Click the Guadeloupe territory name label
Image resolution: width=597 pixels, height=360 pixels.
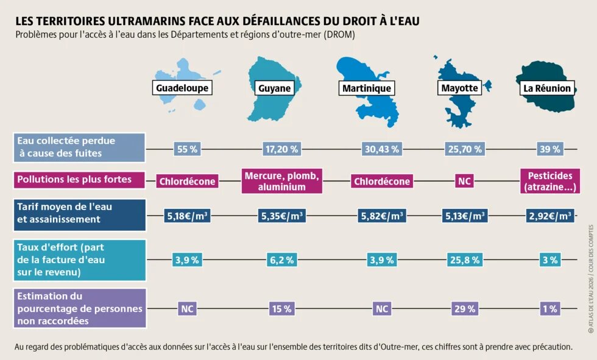pos(182,88)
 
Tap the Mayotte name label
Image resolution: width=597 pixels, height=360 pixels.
pos(459,88)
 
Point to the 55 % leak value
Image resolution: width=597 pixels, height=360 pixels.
pos(187,149)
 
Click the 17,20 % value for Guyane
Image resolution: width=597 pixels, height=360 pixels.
pos(281,149)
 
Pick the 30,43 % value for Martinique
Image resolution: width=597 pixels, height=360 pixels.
pos(382,149)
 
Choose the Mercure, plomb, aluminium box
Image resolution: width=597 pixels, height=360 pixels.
pos(281,182)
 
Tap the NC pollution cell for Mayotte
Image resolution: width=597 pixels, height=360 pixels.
pos(465,181)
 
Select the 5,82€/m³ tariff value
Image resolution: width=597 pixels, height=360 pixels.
pos(382,216)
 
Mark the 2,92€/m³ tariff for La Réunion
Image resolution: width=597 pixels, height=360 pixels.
pos(549,216)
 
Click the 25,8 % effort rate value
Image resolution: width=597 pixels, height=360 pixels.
pos(465,260)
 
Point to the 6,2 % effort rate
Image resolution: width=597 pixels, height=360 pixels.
pos(281,260)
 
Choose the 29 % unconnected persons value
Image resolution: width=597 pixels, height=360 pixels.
pos(465,309)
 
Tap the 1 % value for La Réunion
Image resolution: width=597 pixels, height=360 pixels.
pos(549,309)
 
